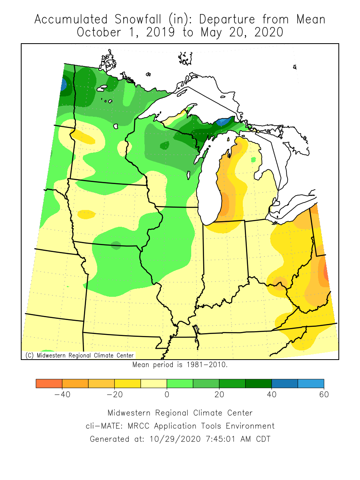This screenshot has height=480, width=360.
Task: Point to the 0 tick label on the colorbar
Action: [x=167, y=395]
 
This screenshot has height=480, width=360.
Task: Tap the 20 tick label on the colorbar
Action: [x=219, y=395]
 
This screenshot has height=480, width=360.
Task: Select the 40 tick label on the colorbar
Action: [x=272, y=395]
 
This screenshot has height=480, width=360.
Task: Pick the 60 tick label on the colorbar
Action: [x=324, y=395]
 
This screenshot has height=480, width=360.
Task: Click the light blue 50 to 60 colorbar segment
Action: [x=311, y=383]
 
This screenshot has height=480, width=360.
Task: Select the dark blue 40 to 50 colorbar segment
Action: [x=284, y=383]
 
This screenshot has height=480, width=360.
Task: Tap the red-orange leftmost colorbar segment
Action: [x=49, y=383]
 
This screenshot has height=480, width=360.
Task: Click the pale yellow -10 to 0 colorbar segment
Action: [x=154, y=383]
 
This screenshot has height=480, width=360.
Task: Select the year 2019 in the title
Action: [x=160, y=32]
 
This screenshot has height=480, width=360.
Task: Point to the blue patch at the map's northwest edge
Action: [x=63, y=85]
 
